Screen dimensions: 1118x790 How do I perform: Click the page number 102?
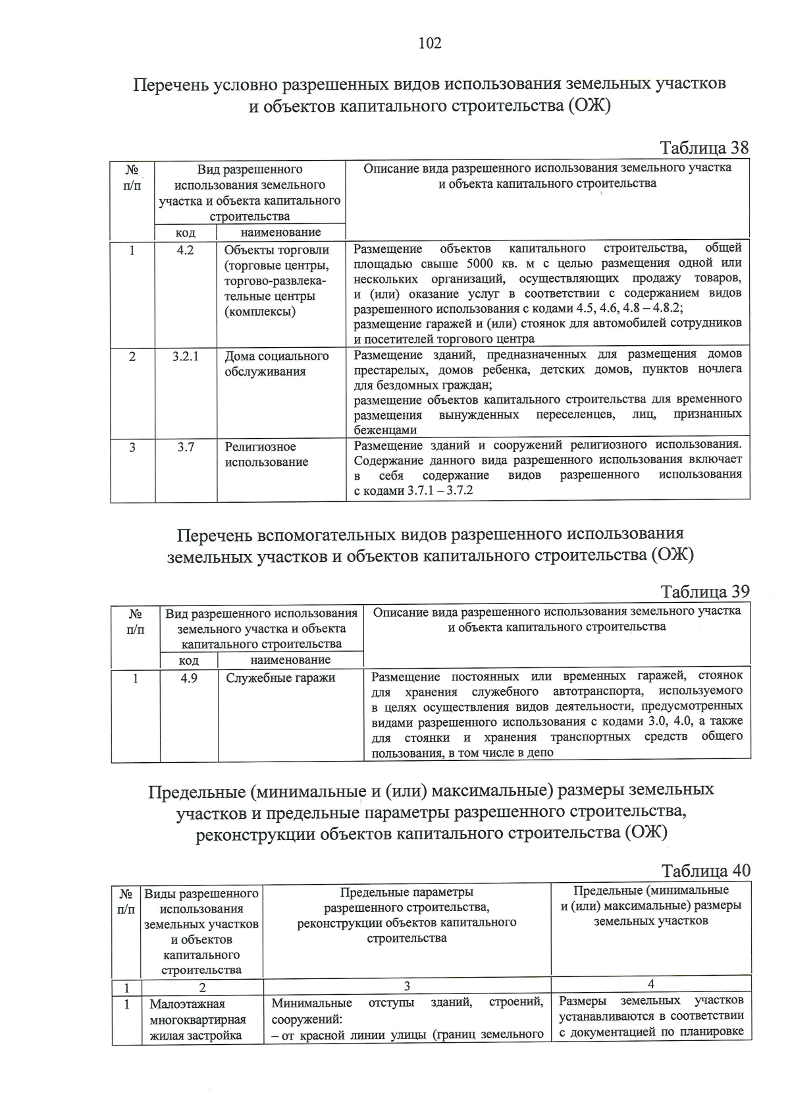[429, 43]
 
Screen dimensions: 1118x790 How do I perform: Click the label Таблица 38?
[704, 148]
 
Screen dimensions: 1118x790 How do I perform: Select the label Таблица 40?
[706, 871]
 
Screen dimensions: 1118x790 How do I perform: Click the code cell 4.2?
[185, 250]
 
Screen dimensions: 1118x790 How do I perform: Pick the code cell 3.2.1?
[185, 356]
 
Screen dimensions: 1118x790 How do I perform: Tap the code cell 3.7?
[185, 447]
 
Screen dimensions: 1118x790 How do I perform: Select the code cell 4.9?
[188, 678]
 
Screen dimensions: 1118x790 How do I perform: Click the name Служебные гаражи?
[280, 678]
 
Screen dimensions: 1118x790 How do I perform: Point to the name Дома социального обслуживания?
[276, 364]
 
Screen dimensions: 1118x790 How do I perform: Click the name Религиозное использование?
[266, 455]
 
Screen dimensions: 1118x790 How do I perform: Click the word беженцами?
[385, 430]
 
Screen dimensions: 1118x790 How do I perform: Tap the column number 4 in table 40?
[650, 984]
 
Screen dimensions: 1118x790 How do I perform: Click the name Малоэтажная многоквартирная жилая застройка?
[197, 1020]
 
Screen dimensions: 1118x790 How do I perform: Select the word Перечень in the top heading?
[172, 85]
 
